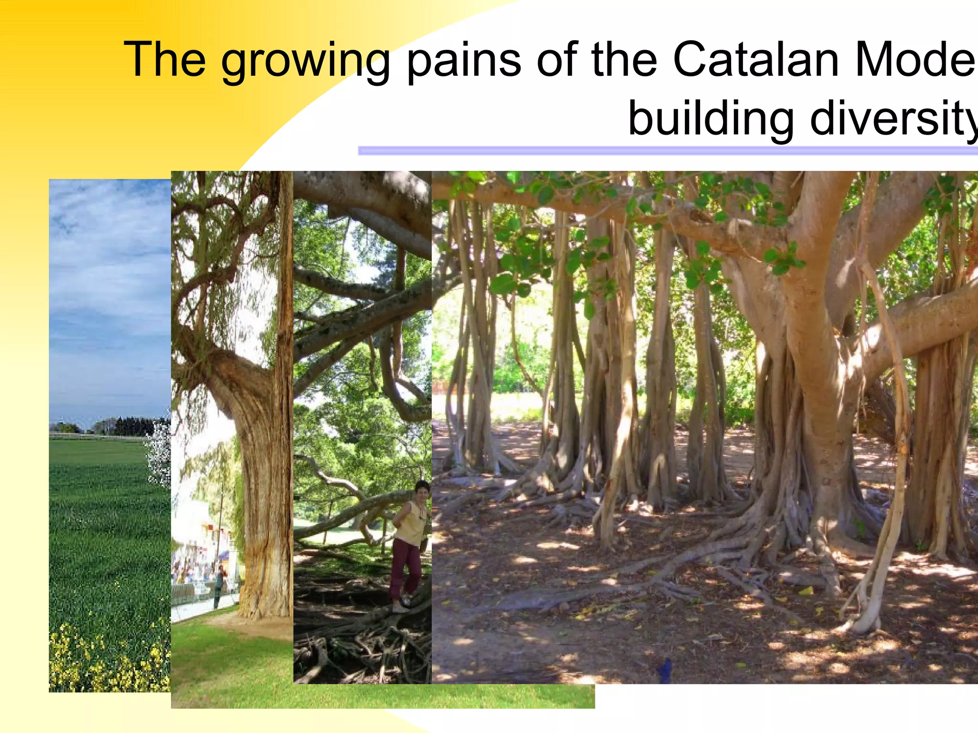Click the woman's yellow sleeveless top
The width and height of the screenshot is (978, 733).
[410, 523]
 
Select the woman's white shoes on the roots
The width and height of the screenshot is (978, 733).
[400, 607]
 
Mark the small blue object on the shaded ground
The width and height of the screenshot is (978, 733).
[665, 670]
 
